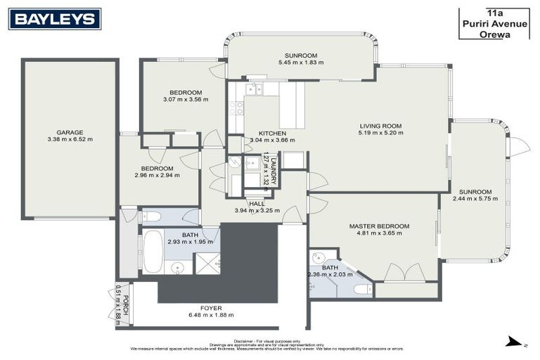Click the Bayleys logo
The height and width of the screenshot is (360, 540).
pos(54,19)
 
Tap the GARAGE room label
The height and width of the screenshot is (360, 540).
pos(70,132)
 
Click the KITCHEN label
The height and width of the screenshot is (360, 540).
pos(272,133)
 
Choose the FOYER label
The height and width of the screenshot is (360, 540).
pos(210,307)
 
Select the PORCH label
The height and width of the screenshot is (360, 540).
pos(125,304)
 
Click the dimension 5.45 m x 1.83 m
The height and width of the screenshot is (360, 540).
pos(301,63)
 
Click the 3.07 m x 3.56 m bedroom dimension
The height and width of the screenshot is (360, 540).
pos(186,100)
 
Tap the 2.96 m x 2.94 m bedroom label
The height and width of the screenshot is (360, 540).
pos(156,176)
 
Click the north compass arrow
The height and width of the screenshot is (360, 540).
pos(516,342)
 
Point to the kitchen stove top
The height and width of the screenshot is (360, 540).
pos(236,108)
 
